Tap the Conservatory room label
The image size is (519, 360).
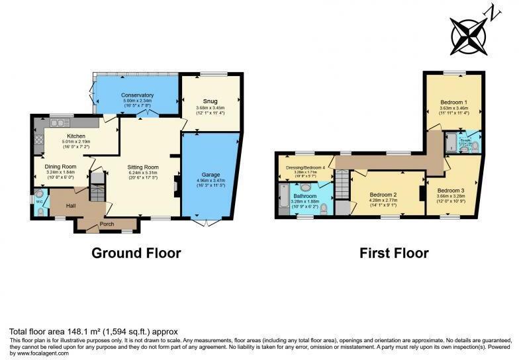137,95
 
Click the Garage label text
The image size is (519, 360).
211,175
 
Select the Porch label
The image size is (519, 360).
107,224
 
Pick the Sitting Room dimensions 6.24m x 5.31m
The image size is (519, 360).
143,175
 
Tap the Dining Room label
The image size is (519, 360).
60,167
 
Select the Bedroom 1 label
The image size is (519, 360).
453,103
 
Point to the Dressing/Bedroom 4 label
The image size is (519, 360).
305,167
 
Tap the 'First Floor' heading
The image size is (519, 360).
394,253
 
